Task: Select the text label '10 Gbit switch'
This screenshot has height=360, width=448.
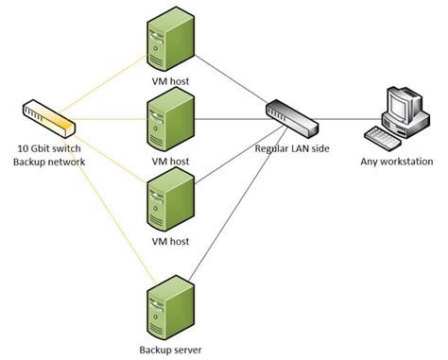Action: [51, 150]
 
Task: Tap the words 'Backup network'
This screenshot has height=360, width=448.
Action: [51, 163]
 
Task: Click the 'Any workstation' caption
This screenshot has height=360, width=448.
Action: [394, 161]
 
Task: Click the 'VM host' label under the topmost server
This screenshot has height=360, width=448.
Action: [170, 82]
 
